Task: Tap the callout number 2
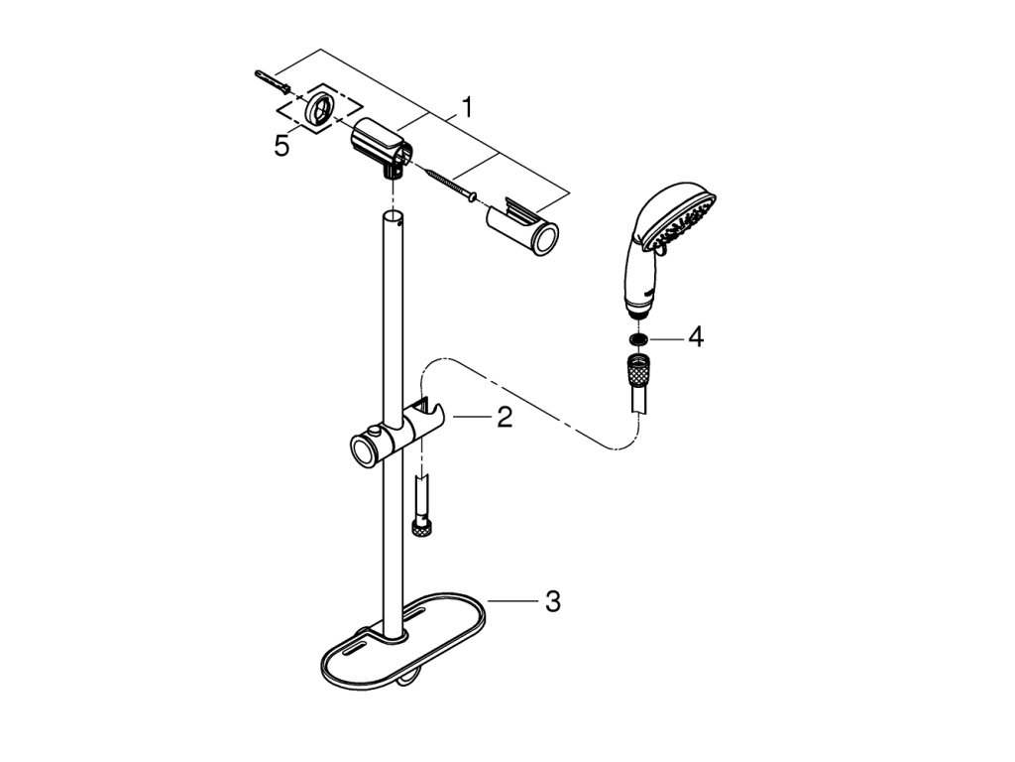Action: (504, 418)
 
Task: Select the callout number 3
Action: (552, 600)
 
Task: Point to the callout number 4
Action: (696, 337)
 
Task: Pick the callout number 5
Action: (282, 146)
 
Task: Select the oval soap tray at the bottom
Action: (406, 645)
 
